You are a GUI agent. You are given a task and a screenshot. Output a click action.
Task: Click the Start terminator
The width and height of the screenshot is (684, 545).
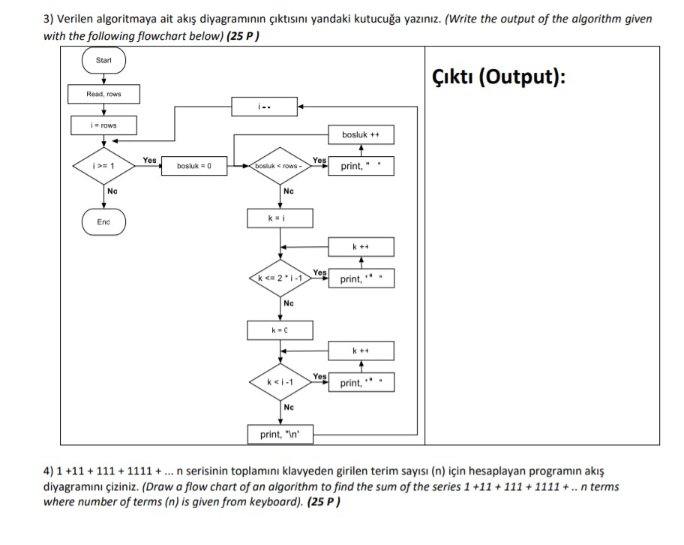click(x=103, y=60)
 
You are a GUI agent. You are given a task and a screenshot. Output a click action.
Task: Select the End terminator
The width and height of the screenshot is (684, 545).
click(x=103, y=222)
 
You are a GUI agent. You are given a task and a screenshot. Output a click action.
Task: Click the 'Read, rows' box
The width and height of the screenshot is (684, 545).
click(x=103, y=94)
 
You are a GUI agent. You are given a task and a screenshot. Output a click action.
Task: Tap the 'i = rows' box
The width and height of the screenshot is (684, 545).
click(x=103, y=125)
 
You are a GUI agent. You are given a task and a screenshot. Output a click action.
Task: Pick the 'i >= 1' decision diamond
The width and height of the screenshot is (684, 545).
click(x=103, y=166)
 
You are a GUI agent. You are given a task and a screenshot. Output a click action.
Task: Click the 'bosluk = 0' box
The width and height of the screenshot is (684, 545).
click(x=194, y=166)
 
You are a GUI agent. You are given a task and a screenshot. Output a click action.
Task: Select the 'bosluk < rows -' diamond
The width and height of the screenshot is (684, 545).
click(x=280, y=166)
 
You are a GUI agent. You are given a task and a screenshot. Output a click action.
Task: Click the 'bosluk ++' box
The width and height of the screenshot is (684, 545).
click(x=361, y=134)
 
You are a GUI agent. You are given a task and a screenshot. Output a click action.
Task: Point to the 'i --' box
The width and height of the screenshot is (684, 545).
click(x=264, y=107)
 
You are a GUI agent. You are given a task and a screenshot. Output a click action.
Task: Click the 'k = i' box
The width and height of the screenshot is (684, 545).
click(x=280, y=218)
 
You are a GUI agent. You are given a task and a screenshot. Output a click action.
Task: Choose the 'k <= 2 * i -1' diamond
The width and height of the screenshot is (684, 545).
click(x=280, y=279)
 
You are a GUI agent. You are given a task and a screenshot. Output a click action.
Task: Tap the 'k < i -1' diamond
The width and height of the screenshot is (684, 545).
click(x=280, y=382)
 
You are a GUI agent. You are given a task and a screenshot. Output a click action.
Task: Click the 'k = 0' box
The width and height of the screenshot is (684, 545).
click(x=280, y=330)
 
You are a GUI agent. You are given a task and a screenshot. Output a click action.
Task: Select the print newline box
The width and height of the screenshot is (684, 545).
click(x=280, y=435)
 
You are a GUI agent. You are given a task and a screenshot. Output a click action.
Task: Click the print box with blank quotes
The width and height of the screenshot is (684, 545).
click(x=361, y=166)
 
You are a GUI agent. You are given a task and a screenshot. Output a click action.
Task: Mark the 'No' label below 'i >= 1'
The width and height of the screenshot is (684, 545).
click(x=112, y=191)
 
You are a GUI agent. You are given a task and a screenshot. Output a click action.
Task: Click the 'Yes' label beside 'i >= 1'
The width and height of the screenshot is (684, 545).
click(x=150, y=160)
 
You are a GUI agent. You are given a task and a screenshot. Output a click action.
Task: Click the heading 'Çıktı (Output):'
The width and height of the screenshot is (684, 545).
click(x=499, y=77)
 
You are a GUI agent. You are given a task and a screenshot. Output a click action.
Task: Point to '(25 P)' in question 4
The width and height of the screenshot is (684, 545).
click(x=324, y=501)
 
